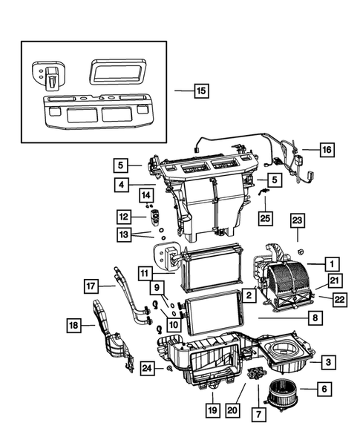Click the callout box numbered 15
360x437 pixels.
(x=200, y=92)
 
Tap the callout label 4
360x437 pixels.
(x=120, y=183)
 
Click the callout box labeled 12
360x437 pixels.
(x=121, y=217)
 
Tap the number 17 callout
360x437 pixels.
(x=91, y=286)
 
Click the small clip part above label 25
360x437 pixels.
(x=264, y=191)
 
